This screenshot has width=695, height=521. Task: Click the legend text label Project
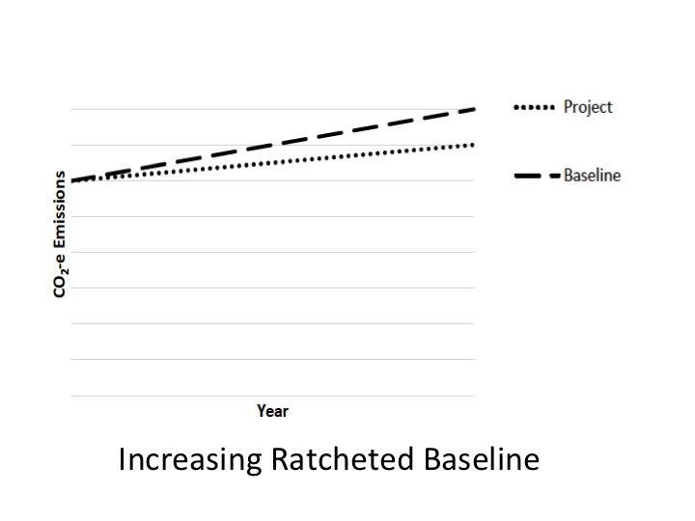588,107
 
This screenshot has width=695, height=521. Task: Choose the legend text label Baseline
592,176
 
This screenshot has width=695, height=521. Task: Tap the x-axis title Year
272,411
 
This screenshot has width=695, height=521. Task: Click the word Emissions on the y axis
60,211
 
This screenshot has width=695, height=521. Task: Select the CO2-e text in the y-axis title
60,276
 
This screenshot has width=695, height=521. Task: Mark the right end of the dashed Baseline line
474,109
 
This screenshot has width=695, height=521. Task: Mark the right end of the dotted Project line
474,145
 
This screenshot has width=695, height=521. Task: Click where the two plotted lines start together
72,180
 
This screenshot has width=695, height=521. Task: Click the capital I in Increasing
122,460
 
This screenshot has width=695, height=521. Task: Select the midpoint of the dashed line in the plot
273,145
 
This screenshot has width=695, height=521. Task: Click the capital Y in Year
262,411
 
